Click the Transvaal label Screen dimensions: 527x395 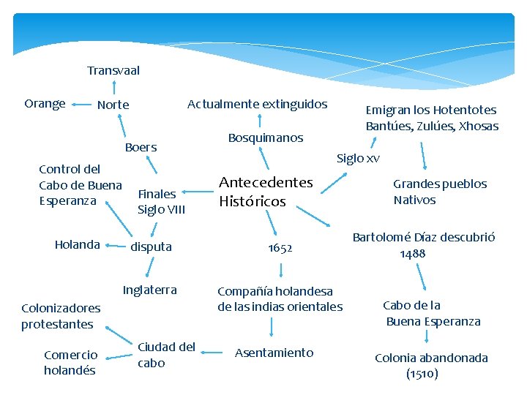click(x=113, y=71)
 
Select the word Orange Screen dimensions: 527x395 click(x=45, y=104)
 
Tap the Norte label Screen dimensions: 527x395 click(x=113, y=105)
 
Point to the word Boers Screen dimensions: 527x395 click(x=141, y=148)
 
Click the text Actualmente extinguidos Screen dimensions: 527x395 click(x=257, y=105)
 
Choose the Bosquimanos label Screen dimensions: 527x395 click(x=265, y=138)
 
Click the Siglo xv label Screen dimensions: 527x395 click(x=358, y=158)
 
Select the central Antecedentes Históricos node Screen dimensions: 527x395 click(x=266, y=192)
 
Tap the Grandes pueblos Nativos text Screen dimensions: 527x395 click(x=439, y=192)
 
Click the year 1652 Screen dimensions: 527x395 click(x=280, y=248)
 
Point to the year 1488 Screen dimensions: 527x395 click(x=413, y=254)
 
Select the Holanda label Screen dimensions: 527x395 click(x=77, y=245)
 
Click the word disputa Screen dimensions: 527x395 click(x=151, y=247)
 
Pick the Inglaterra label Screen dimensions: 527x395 click(x=149, y=290)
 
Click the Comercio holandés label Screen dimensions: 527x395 click(x=70, y=363)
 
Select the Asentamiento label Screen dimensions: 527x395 click(x=274, y=353)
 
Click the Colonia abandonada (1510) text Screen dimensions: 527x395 click(x=431, y=366)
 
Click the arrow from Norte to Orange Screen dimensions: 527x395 click(x=82, y=105)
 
